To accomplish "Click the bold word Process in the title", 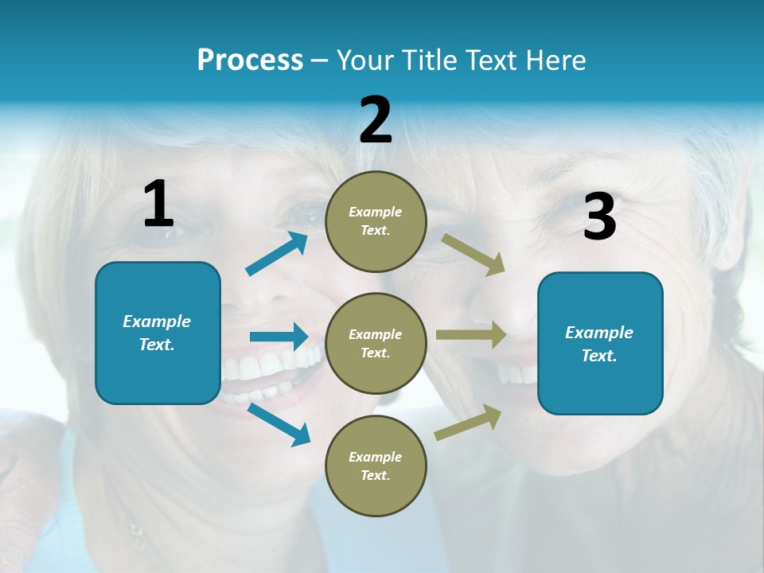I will [250, 60].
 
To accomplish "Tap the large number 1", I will [158, 204].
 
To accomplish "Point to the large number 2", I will [376, 120].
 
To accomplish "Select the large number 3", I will [600, 217].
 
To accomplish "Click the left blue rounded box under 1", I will [158, 333].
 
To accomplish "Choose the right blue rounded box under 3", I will [600, 344].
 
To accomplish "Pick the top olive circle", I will [376, 221].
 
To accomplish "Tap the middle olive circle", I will [376, 344].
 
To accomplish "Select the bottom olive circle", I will [376, 466].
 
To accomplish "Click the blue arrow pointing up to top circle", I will [277, 253].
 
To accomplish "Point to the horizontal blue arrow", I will [279, 337].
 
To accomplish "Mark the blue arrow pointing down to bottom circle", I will [279, 424].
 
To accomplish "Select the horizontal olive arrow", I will [471, 335].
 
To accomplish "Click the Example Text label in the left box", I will [157, 333].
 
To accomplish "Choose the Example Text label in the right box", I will [599, 344].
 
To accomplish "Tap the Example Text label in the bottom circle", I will [376, 466].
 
